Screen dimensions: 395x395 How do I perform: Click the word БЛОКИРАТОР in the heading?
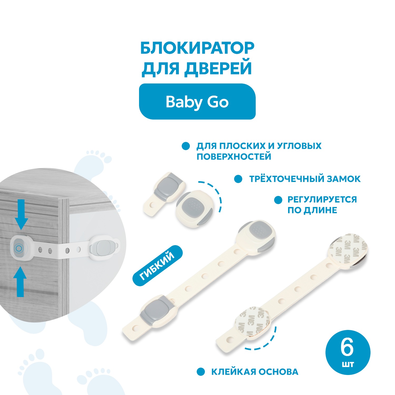(x=197, y=48)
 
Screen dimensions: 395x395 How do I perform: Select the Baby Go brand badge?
(x=197, y=102)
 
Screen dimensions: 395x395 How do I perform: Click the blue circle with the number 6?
(x=348, y=353)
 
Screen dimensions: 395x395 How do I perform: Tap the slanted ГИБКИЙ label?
(x=157, y=266)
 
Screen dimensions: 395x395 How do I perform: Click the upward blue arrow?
(x=20, y=282)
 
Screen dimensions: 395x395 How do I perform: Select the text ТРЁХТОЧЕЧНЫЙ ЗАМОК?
(x=305, y=179)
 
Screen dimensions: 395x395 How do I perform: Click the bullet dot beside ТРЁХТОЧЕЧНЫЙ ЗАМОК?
(x=238, y=179)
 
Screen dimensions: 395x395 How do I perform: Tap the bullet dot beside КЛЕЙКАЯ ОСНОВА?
(x=201, y=372)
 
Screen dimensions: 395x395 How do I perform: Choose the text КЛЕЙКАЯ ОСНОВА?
(x=255, y=372)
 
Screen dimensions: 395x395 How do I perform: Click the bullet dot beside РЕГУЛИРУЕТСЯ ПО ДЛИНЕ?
(x=278, y=200)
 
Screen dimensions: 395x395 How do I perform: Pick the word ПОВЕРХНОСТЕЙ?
(x=234, y=157)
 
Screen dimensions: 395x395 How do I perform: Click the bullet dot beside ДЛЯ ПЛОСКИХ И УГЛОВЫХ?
(x=186, y=146)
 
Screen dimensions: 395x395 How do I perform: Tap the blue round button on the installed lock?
(x=19, y=248)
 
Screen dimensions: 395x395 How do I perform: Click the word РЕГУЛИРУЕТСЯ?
(x=322, y=200)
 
